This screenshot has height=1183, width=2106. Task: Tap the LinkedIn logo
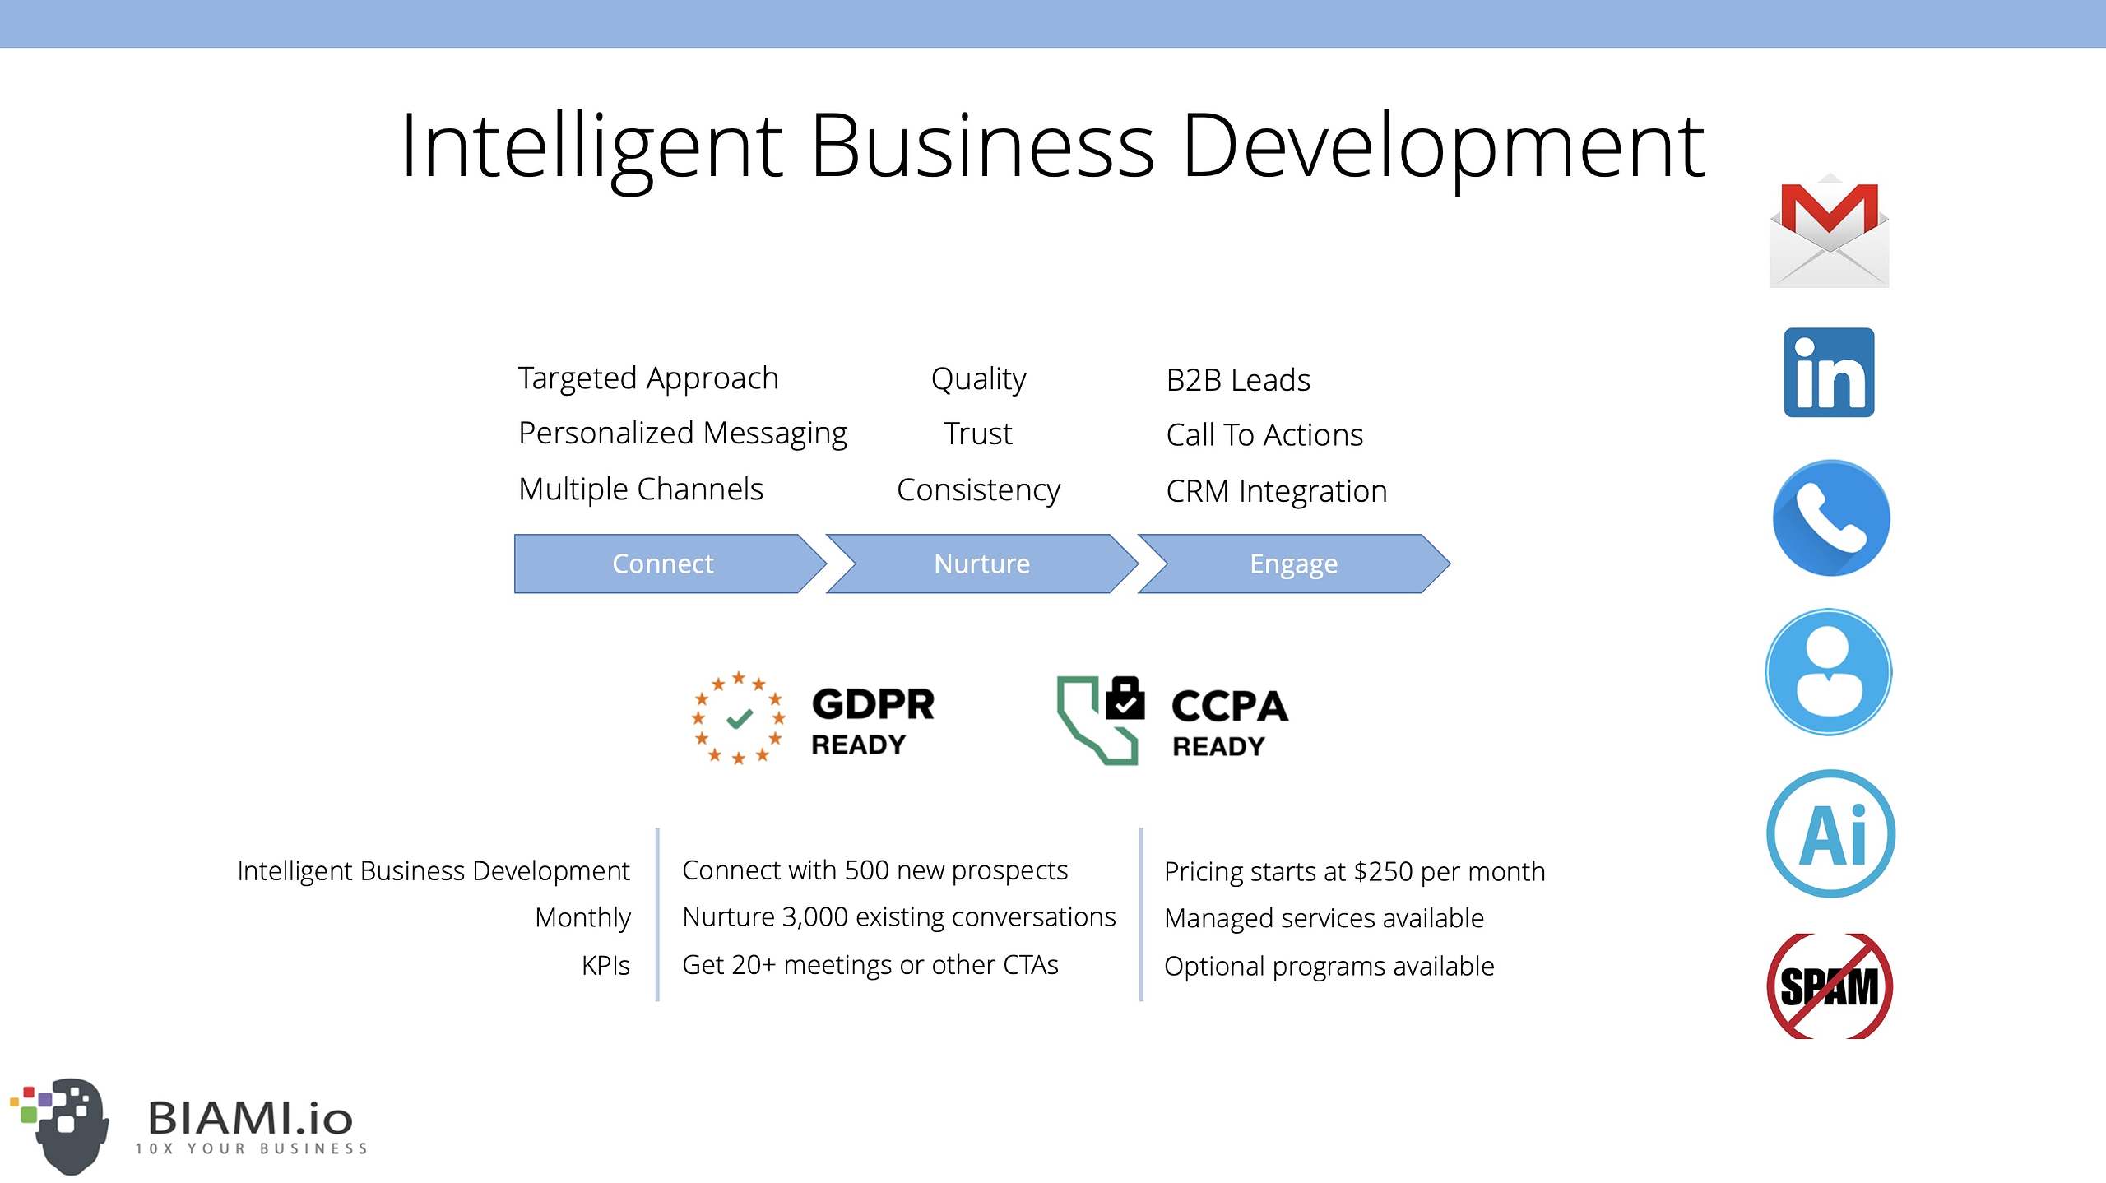(x=1829, y=373)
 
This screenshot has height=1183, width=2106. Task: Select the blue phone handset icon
(x=1830, y=517)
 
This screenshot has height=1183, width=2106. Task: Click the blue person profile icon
(x=1829, y=671)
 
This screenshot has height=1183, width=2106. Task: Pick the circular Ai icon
(x=1830, y=833)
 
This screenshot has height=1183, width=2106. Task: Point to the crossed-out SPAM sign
(x=1830, y=986)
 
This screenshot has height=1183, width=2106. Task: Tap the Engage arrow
(x=1294, y=564)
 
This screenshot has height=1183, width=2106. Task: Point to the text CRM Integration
(x=1277, y=491)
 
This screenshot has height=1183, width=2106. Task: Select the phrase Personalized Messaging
(x=683, y=434)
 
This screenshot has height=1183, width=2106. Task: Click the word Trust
(x=978, y=434)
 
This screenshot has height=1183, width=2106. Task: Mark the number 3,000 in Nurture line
(x=814, y=917)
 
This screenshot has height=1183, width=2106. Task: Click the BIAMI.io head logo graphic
(x=60, y=1125)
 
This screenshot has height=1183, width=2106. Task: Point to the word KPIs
(x=605, y=965)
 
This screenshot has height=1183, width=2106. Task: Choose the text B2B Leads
(x=1238, y=380)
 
